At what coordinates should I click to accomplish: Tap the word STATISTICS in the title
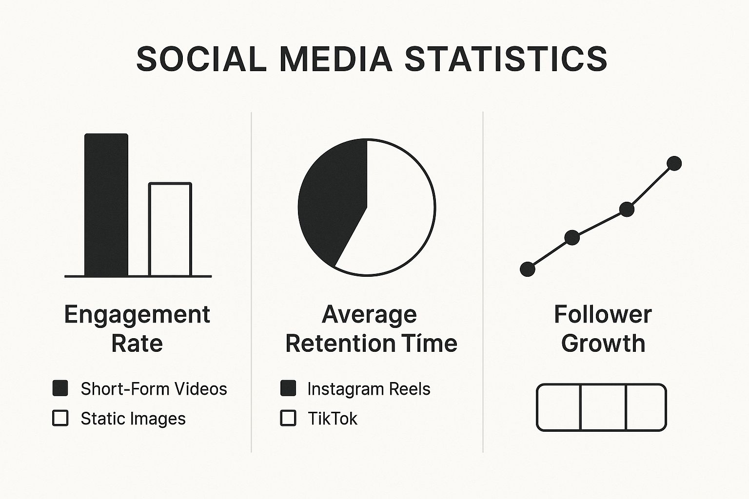506,59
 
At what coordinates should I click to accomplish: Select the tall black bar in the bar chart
106,205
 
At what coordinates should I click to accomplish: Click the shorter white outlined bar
170,230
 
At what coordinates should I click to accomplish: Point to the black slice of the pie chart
332,205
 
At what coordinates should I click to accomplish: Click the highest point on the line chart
674,163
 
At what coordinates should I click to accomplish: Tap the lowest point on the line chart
528,269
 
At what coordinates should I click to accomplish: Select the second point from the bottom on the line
572,238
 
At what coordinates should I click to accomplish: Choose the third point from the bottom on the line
627,210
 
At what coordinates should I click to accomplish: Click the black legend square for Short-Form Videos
60,388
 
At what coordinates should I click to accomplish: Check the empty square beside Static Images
60,418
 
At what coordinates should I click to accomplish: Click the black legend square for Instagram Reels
288,388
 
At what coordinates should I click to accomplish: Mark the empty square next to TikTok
288,418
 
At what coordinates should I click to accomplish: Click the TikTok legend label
333,419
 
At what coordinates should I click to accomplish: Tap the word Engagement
137,315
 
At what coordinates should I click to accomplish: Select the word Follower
603,314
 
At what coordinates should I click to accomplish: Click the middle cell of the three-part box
603,407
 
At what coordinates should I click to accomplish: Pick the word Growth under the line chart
603,344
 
